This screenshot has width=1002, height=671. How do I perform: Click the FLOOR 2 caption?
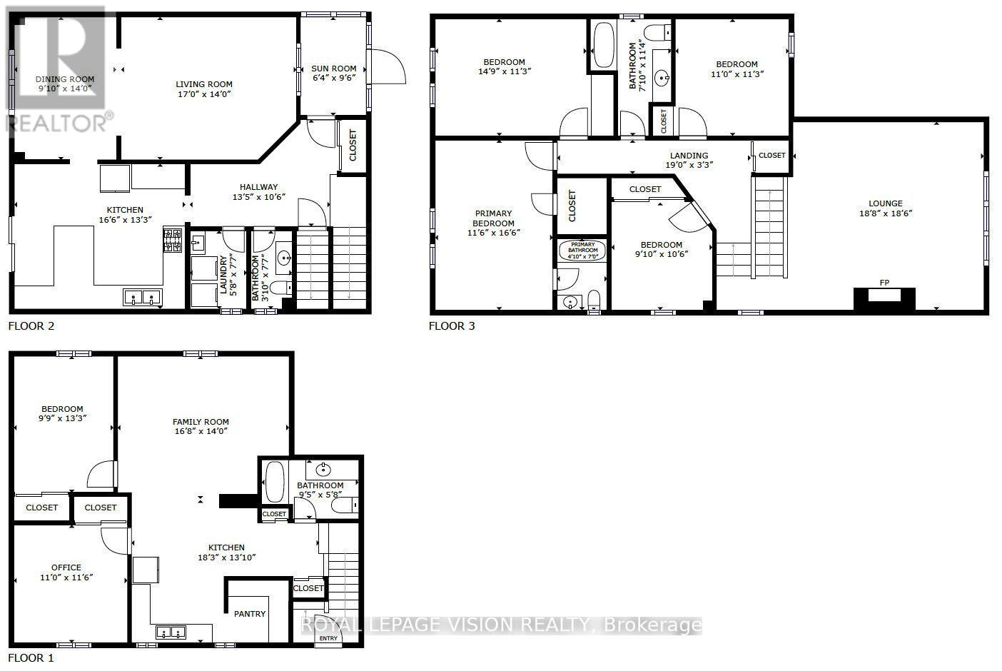click(31, 326)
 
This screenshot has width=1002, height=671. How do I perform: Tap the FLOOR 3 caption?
click(451, 326)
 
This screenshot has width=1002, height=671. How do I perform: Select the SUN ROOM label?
click(333, 69)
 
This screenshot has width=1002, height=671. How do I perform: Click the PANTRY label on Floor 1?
click(250, 614)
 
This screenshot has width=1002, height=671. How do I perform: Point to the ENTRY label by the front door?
click(328, 638)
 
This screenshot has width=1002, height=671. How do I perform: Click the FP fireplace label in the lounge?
click(884, 283)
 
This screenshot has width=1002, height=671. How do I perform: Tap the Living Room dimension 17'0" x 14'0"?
click(204, 94)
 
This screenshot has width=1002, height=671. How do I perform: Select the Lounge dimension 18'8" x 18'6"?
click(886, 213)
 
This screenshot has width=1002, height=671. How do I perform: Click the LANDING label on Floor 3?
click(689, 156)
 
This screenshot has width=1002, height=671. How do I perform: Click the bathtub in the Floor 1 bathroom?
click(275, 482)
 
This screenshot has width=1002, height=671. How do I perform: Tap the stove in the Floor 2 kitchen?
click(173, 241)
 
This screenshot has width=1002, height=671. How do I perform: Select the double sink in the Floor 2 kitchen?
click(140, 297)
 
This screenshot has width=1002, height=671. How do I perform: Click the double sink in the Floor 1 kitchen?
click(170, 632)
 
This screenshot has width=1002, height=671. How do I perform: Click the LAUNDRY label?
click(223, 275)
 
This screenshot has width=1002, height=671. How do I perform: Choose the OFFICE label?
click(66, 567)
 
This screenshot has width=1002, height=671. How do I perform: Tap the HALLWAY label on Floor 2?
click(259, 187)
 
